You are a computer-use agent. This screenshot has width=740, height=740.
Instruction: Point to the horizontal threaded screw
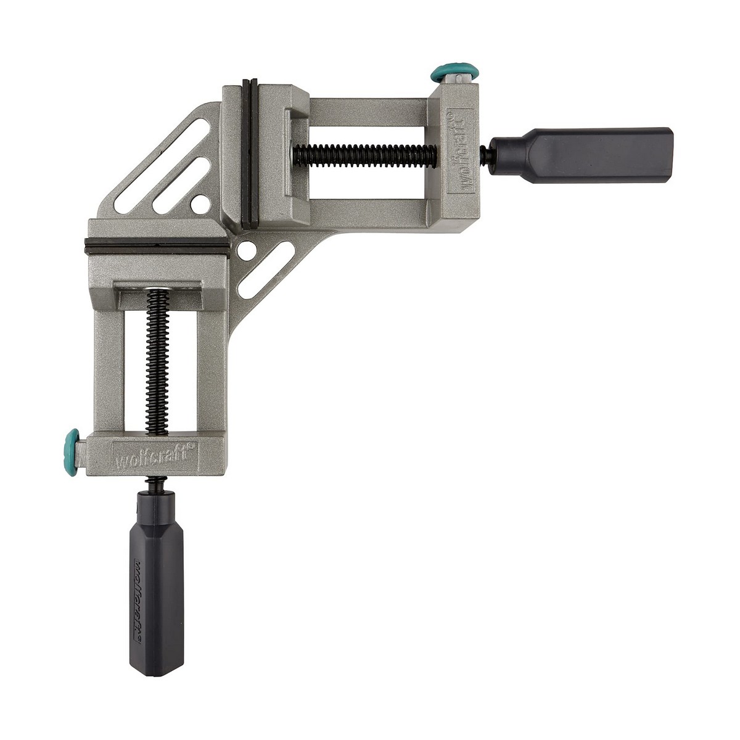(x=364, y=151)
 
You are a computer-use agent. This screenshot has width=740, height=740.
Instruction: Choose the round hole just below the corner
(x=247, y=250)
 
